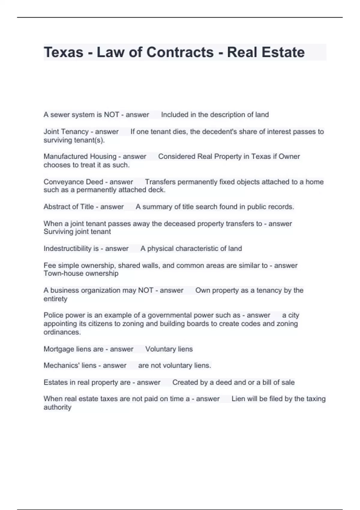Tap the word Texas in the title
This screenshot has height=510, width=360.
64,52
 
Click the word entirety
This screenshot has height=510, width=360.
55,299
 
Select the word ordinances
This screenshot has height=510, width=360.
62,332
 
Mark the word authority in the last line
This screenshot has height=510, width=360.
57,407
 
